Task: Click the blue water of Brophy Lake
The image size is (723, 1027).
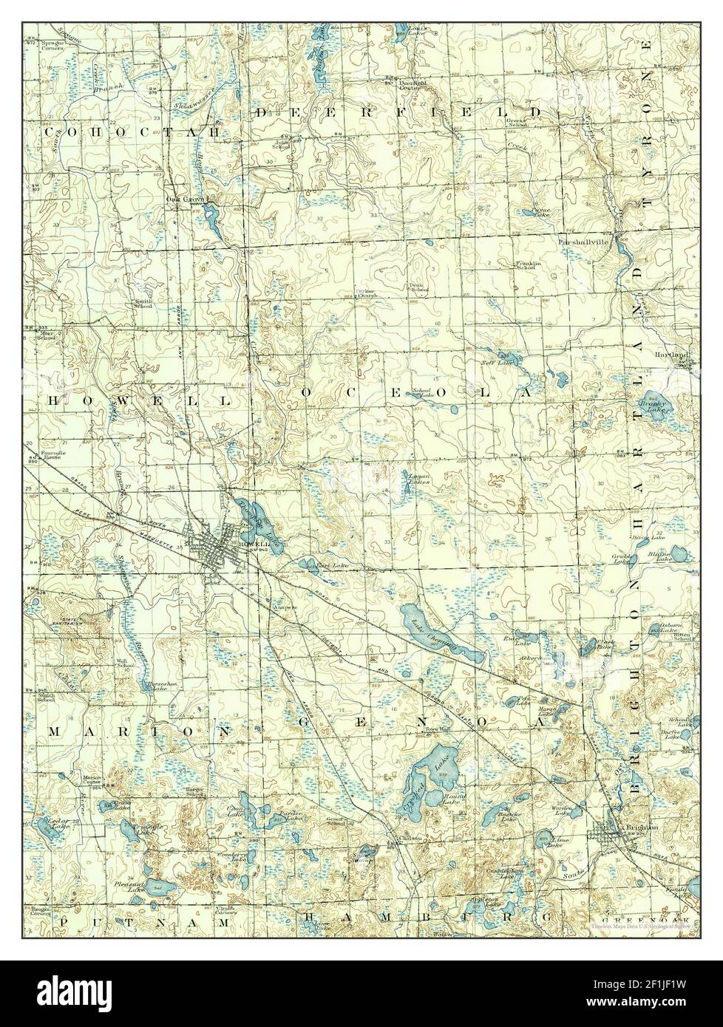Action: tap(654, 403)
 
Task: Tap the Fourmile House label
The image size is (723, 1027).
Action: tap(56, 456)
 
